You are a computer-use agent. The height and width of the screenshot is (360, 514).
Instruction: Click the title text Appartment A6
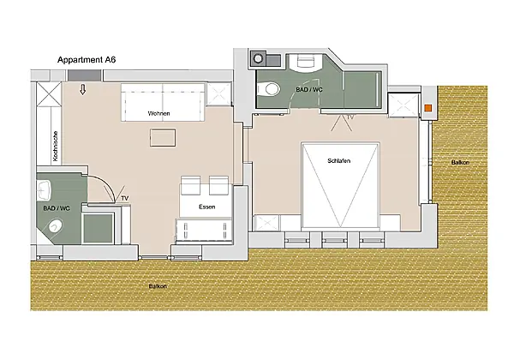(x=87, y=60)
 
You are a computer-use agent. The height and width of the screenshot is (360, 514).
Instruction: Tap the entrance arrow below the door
(x=83, y=89)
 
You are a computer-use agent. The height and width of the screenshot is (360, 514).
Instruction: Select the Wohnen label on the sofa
(x=158, y=113)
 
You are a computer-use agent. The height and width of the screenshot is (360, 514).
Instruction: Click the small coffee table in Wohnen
(x=163, y=138)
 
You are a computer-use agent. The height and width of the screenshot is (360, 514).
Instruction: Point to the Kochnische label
(x=56, y=146)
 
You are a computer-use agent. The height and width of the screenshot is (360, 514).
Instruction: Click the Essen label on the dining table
(x=206, y=207)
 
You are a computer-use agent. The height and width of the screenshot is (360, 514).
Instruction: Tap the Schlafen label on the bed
(x=339, y=160)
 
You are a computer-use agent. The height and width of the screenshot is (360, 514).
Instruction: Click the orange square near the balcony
(x=427, y=108)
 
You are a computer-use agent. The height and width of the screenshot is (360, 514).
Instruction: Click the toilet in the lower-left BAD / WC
(x=55, y=226)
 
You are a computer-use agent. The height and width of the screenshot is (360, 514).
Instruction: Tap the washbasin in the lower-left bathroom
(x=45, y=190)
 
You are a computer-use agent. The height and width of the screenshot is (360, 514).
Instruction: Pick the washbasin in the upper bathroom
(x=306, y=63)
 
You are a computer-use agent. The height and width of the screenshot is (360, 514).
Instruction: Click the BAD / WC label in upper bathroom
(x=309, y=89)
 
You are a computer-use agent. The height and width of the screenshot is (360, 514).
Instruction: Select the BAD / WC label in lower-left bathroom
(x=57, y=208)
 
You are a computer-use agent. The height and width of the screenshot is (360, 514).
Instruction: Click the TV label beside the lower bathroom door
(x=124, y=198)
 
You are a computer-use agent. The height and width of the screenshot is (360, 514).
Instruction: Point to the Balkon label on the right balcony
(x=460, y=162)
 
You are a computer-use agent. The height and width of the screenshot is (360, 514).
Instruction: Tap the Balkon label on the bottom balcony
(x=158, y=286)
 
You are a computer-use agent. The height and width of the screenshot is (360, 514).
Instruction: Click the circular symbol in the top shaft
(x=259, y=58)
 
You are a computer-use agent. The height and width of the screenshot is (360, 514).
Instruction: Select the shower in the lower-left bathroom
(x=98, y=228)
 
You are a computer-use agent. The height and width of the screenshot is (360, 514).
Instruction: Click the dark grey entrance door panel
(x=84, y=75)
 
